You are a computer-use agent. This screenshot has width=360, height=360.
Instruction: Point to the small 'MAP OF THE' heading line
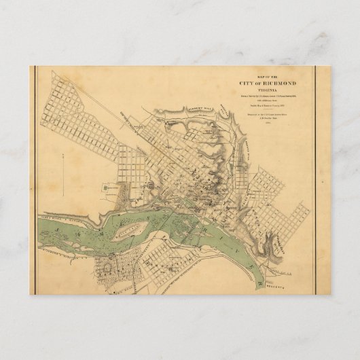coord(266,77)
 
